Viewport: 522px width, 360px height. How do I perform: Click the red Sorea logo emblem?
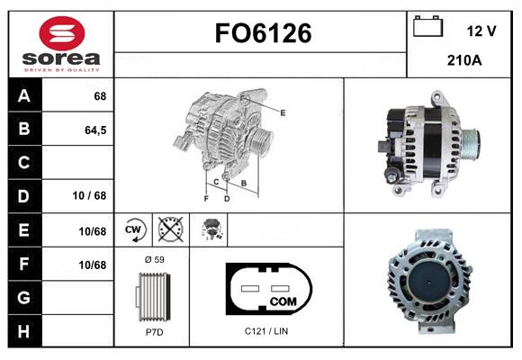pos(62,33)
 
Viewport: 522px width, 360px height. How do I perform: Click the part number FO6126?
pos(263,33)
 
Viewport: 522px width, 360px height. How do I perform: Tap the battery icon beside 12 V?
pos(427,26)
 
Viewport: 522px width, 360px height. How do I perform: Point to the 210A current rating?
pos(464,60)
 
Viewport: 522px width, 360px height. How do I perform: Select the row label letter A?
pos(24,96)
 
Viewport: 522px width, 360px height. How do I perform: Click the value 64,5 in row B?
pos(95,130)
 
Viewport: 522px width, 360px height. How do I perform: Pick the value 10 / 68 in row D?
pos(89,195)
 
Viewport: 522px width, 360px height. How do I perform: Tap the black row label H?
pos(24,331)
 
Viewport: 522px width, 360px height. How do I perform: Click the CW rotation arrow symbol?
pos(135,229)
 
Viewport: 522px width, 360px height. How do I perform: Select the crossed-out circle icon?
pos(170,229)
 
